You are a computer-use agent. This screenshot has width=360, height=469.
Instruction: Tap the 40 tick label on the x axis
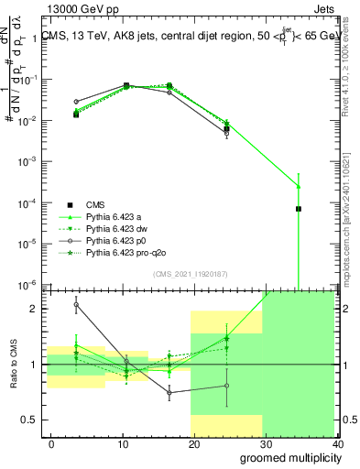tap(339, 444)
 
